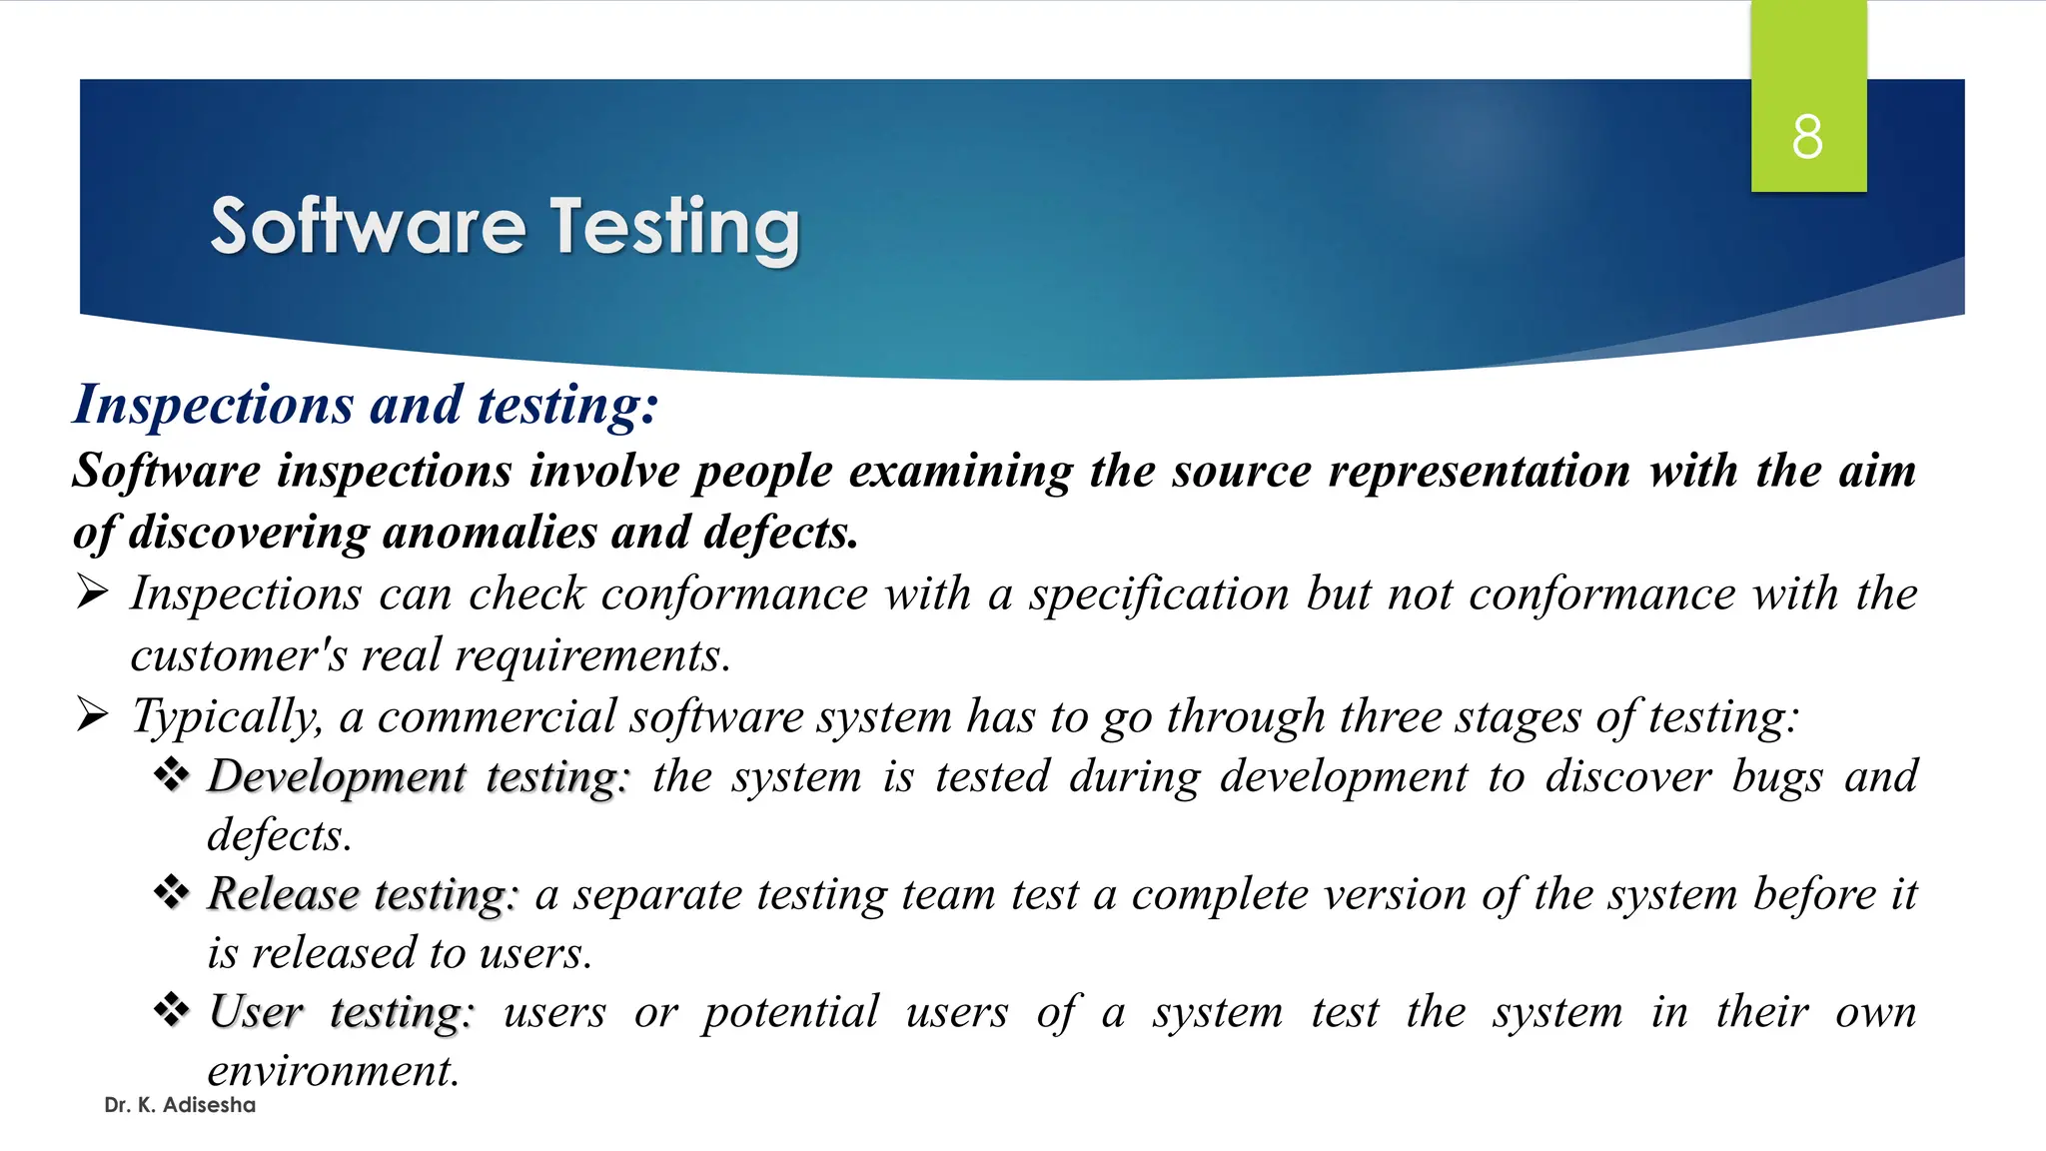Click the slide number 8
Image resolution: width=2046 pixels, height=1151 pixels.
tap(1807, 137)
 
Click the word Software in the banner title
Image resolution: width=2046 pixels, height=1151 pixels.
tap(368, 227)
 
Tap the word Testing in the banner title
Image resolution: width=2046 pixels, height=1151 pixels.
tap(675, 227)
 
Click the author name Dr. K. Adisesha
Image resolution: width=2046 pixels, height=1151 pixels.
tap(180, 1105)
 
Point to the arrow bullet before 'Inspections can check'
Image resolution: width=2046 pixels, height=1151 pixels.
tap(92, 592)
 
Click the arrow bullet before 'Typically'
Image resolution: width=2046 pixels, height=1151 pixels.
tap(92, 715)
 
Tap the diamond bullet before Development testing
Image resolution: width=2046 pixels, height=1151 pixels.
tap(172, 775)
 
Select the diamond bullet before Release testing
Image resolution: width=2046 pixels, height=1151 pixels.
tap(172, 892)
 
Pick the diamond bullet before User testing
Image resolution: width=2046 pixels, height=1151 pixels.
tap(172, 1010)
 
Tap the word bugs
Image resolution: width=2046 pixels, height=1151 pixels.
tap(1777, 777)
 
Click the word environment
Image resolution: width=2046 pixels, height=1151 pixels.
tap(332, 1071)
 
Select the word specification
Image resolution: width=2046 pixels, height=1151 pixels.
tap(1159, 594)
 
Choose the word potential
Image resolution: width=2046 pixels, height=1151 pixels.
tap(790, 1012)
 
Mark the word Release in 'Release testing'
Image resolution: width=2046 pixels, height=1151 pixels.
tap(283, 893)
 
